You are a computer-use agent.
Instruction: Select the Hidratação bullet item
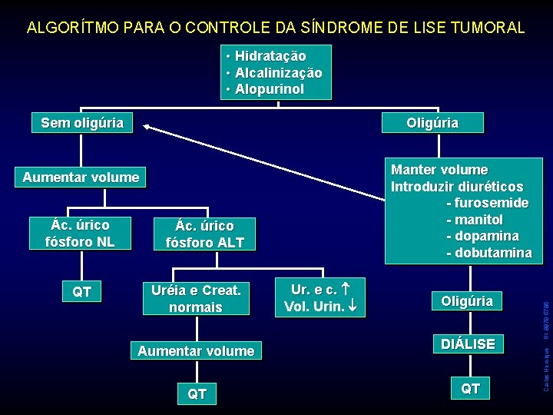270,56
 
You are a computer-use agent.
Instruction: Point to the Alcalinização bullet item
278,73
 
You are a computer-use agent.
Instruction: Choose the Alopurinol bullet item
269,89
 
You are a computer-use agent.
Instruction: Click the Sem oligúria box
81,123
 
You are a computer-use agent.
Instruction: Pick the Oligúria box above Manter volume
432,123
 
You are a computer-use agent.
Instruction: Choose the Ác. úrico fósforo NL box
80,234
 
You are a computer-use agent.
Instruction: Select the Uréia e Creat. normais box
196,299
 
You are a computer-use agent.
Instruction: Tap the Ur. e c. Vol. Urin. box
320,298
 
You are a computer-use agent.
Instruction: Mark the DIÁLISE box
467,344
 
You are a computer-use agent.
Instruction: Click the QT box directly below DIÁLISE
470,389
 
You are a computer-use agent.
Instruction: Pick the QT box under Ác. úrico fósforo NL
81,292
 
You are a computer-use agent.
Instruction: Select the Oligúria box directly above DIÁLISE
467,301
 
